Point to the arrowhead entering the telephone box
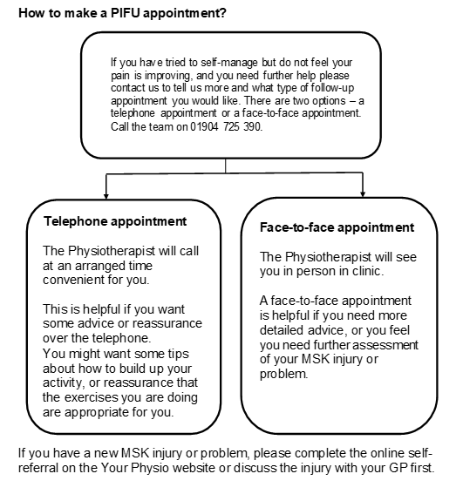(x=106, y=193)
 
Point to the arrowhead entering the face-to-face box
(x=361, y=193)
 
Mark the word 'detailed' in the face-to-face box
(x=285, y=331)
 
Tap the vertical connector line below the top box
(x=225, y=165)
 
